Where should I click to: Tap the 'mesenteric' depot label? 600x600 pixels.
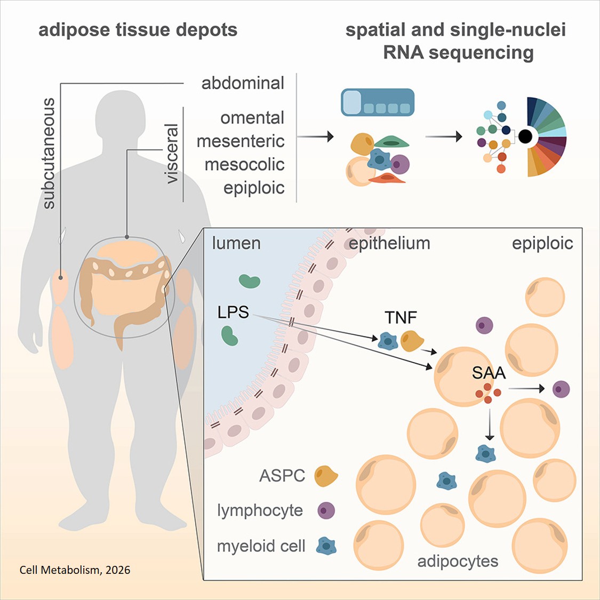pyautogui.click(x=241, y=141)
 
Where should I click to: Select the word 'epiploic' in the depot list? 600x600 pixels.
pyautogui.click(x=254, y=188)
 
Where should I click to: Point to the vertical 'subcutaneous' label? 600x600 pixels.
pyautogui.click(x=49, y=154)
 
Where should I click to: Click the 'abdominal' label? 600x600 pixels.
pyautogui.click(x=243, y=83)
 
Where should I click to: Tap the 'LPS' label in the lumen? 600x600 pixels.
pyautogui.click(x=233, y=312)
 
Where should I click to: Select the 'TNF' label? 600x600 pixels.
pyautogui.click(x=401, y=318)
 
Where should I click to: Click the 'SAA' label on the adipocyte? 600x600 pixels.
pyautogui.click(x=489, y=373)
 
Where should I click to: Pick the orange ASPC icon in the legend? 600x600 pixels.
pyautogui.click(x=326, y=476)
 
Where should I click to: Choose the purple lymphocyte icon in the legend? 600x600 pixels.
pyautogui.click(x=326, y=510)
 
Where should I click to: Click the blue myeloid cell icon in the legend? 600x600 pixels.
pyautogui.click(x=326, y=546)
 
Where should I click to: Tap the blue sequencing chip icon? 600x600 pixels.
pyautogui.click(x=378, y=102)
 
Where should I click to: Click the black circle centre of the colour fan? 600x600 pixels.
pyautogui.click(x=525, y=137)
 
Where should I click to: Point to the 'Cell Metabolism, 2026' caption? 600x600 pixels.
pyautogui.click(x=75, y=570)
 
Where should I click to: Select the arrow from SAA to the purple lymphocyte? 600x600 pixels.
pyautogui.click(x=526, y=389)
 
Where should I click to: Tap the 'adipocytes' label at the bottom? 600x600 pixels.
pyautogui.click(x=458, y=561)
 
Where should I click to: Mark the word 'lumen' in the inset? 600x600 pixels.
pyautogui.click(x=236, y=243)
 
